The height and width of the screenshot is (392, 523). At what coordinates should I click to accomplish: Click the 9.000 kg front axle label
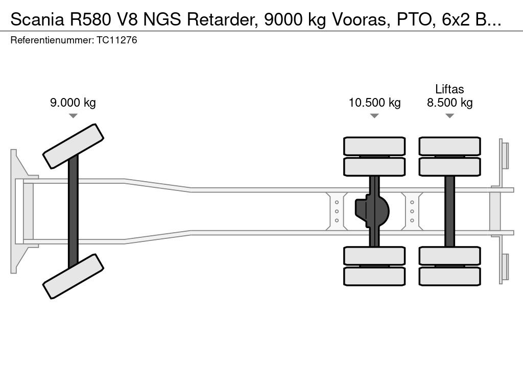73,103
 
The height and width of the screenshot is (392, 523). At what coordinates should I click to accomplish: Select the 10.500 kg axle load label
374,103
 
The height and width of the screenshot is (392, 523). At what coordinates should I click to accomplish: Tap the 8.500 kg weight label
449,103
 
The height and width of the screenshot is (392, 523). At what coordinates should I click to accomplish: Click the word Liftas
449,89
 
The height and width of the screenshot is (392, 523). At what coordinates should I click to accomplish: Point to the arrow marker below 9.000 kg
73,116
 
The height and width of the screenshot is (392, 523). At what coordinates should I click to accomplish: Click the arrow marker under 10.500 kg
374,116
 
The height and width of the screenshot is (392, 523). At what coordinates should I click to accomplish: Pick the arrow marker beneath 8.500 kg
449,116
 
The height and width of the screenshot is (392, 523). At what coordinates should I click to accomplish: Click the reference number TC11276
116,40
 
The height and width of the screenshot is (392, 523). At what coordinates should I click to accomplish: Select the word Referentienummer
52,40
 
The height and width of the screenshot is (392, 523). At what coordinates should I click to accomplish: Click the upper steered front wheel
74,146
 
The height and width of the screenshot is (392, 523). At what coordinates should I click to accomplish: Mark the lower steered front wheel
74,276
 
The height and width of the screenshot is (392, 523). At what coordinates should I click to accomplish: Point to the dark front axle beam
73,210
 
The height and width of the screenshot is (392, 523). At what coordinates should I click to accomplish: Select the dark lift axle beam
449,211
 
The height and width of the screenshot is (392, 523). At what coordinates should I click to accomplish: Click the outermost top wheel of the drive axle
374,146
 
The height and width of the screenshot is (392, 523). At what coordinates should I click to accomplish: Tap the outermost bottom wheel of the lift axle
449,276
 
